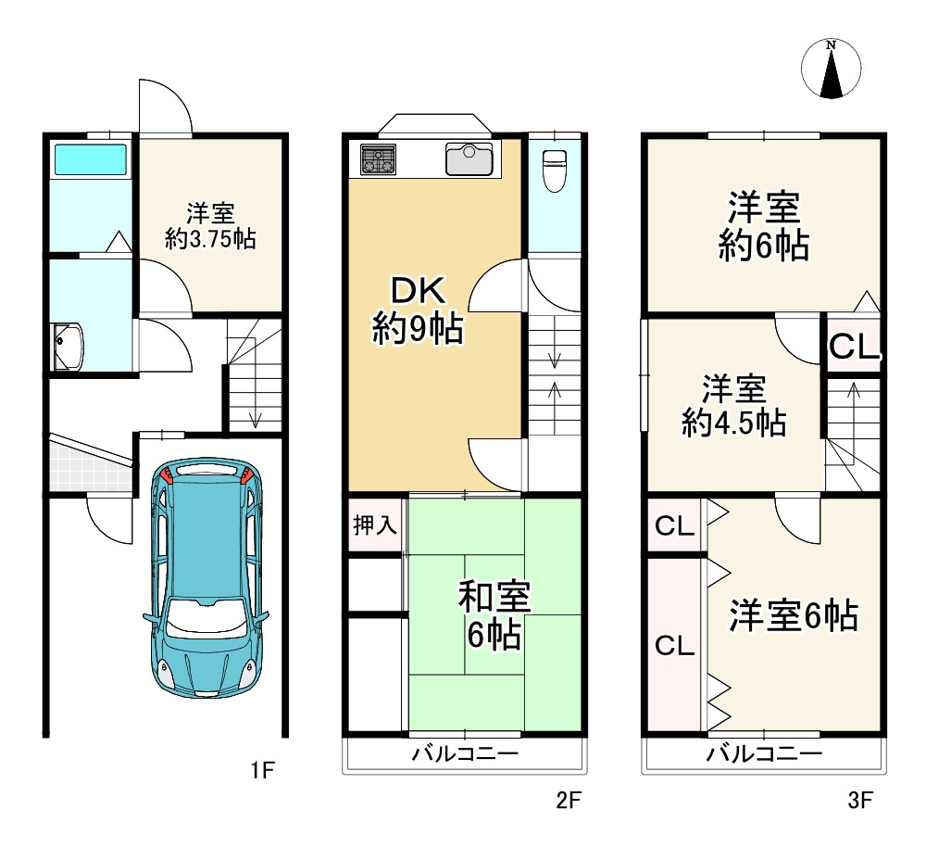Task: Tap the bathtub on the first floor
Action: click(x=90, y=159)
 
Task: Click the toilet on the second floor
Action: click(x=554, y=170)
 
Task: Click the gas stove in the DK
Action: click(x=378, y=159)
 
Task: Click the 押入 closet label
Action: click(x=375, y=526)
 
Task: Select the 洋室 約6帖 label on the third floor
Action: click(x=764, y=225)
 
